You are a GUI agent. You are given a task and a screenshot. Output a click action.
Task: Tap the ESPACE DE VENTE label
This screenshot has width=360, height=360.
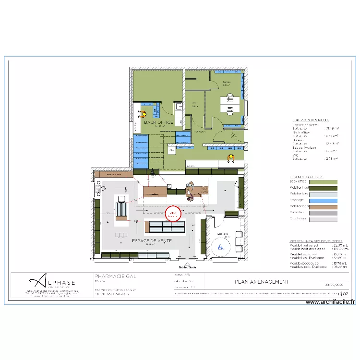pos(152,240)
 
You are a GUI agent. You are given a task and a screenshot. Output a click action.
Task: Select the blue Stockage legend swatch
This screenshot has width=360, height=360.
pos(323,200)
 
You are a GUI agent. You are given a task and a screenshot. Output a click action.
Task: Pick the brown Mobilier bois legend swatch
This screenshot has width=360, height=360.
pos(323,206)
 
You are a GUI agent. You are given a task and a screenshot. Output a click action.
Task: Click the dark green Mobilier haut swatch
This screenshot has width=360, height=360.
pos(323,188)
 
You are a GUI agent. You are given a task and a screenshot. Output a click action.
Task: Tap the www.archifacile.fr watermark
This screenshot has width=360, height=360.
pos(330,302)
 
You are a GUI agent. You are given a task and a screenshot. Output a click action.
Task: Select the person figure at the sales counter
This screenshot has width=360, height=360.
pos(191,191)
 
